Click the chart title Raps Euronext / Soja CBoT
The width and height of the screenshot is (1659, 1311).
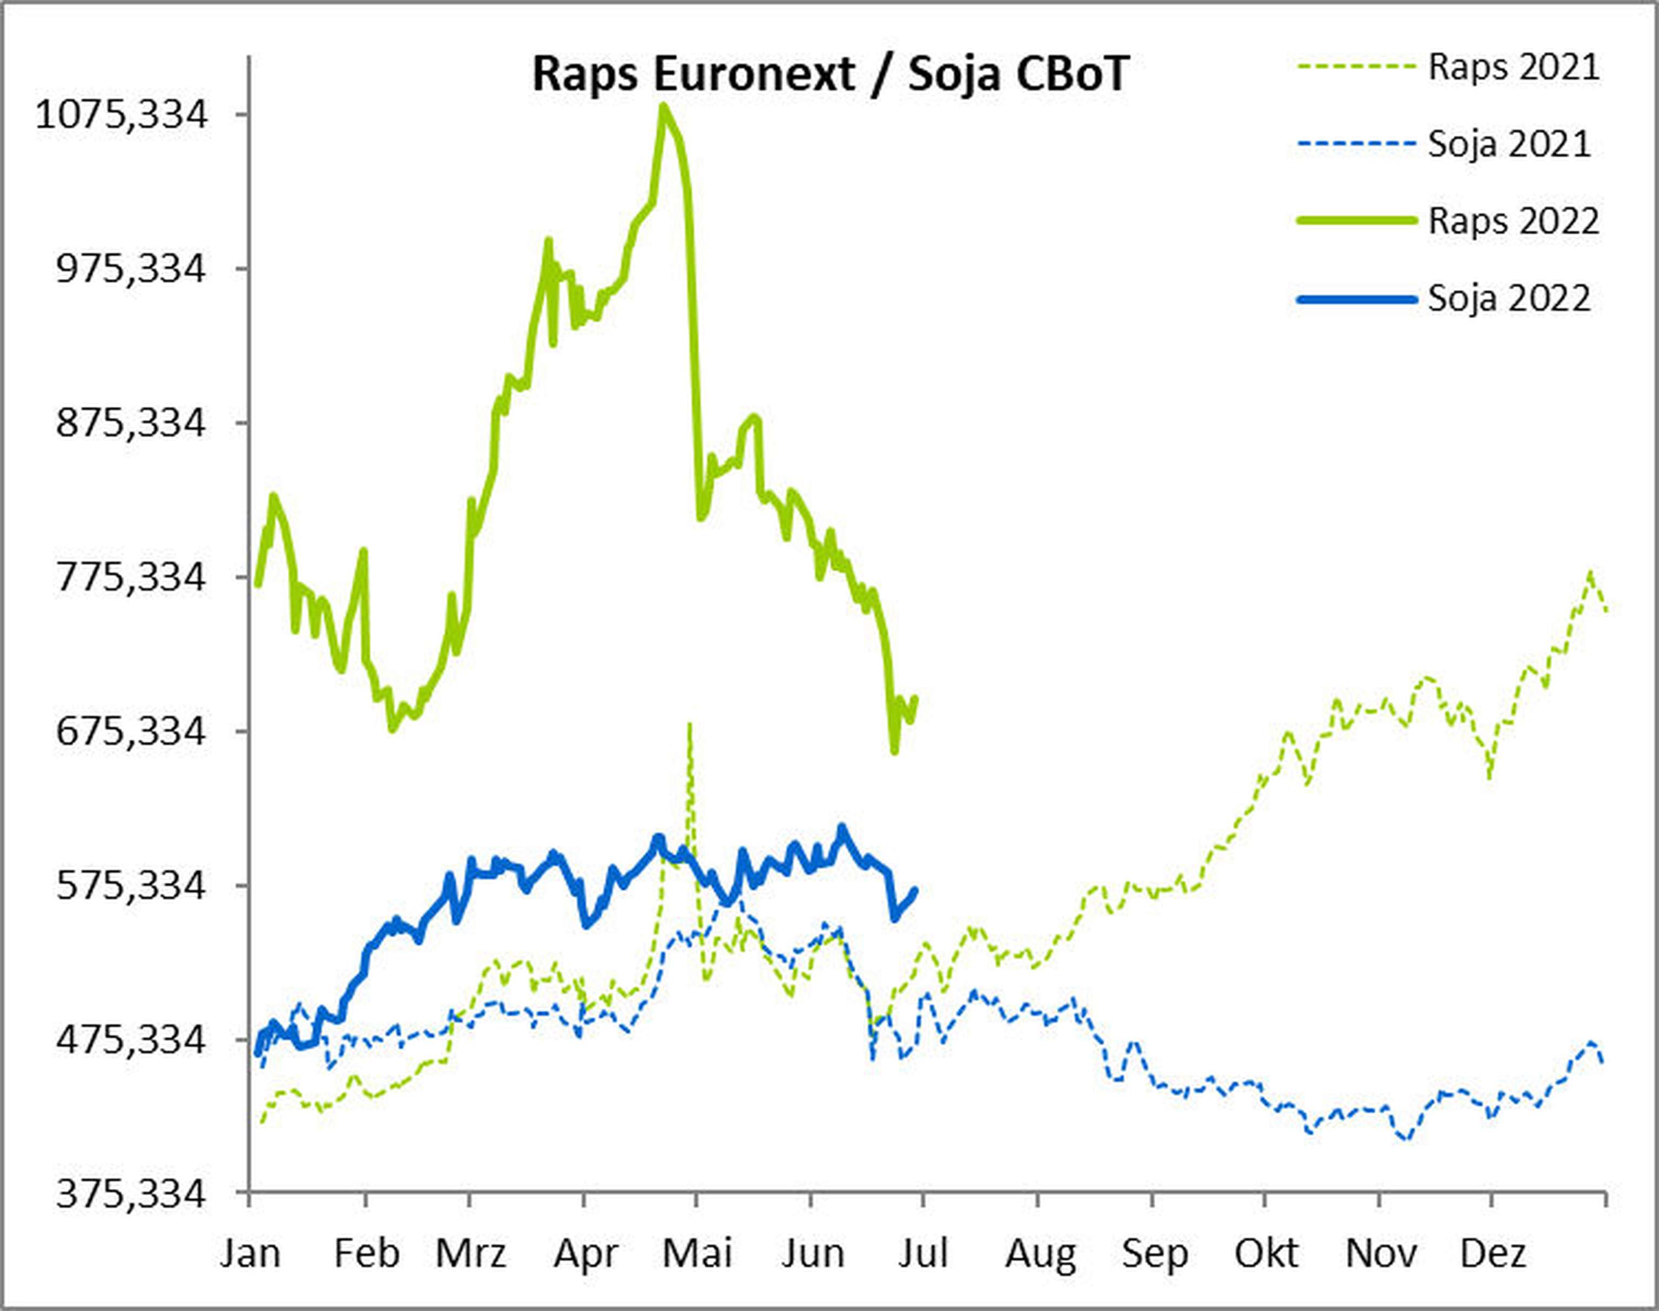coord(829,75)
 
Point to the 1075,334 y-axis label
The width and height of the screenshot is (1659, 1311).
coord(122,115)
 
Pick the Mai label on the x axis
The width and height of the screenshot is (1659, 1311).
coord(697,1253)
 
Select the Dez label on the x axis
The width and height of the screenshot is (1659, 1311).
coord(1493,1253)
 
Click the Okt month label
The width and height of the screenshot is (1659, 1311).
coord(1266,1253)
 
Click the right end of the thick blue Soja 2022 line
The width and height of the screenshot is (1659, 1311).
coord(915,890)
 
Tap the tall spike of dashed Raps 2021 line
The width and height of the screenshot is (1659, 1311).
coord(690,723)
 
